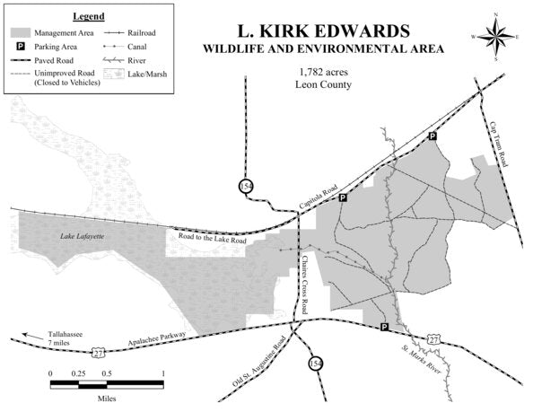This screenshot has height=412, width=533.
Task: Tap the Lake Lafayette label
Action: [x=82, y=236]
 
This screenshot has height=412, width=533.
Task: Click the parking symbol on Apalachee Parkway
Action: [x=384, y=328]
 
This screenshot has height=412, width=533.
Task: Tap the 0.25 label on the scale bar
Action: [x=78, y=373]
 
